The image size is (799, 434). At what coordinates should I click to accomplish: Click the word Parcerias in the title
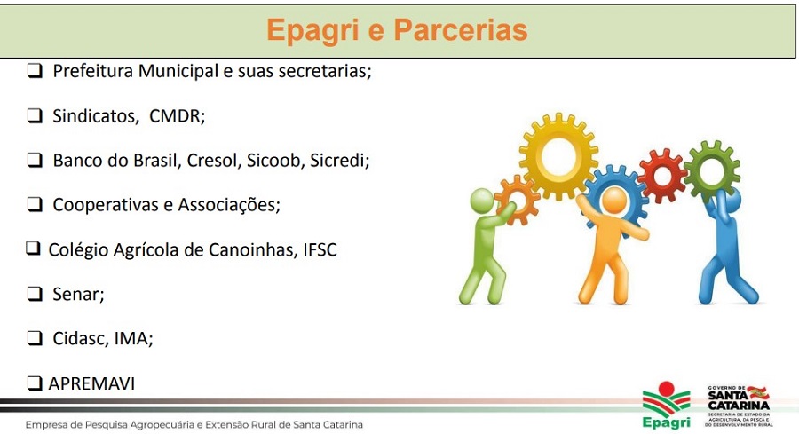[x=461, y=29]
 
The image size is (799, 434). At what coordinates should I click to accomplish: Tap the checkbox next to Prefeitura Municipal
[x=35, y=71]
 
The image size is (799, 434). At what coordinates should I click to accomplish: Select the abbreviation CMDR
[x=177, y=116]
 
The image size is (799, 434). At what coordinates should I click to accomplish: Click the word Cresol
[x=214, y=161]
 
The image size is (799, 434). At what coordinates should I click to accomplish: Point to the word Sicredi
[x=339, y=161]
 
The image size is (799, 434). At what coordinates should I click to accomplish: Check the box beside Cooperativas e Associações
[x=35, y=205]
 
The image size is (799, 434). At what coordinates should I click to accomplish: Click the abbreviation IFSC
[x=320, y=249]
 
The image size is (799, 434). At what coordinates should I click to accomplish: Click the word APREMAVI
[x=91, y=383]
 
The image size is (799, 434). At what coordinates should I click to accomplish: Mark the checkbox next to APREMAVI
[x=34, y=383]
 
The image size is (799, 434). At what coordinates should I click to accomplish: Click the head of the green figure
[x=481, y=201]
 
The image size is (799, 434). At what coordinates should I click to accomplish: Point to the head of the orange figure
[x=614, y=201]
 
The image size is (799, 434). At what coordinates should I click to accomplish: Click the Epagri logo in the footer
[x=666, y=405]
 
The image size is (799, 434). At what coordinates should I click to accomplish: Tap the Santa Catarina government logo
[x=739, y=406]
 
